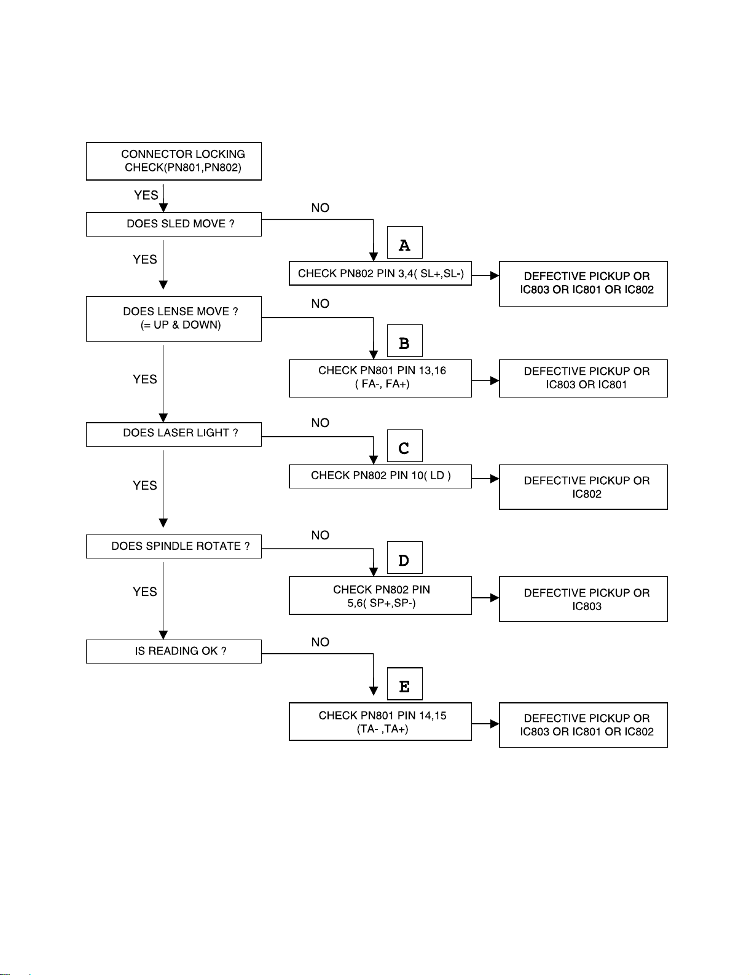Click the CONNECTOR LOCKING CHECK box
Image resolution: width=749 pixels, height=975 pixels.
click(174, 161)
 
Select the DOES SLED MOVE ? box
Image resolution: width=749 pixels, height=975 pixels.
click(174, 224)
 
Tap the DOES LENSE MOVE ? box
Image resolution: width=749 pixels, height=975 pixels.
click(174, 319)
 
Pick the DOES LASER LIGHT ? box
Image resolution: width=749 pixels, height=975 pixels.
click(174, 434)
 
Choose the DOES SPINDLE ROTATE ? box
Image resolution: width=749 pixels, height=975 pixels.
click(174, 546)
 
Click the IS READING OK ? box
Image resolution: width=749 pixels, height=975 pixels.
click(174, 651)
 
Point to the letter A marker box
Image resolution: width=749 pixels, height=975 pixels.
click(404, 242)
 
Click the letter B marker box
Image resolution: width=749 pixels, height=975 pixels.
click(404, 340)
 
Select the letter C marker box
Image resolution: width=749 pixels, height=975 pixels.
click(404, 445)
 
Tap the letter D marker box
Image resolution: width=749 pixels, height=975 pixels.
click(404, 557)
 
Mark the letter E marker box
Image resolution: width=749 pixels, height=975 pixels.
click(404, 683)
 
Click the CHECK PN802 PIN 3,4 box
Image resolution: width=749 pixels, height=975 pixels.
click(380, 273)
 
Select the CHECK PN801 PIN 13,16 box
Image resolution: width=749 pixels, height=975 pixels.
click(380, 378)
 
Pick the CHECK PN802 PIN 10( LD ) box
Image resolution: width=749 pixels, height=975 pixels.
click(380, 476)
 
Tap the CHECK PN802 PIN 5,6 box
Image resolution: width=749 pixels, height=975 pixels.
click(380, 595)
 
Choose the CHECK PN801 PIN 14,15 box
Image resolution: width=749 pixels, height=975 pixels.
click(380, 721)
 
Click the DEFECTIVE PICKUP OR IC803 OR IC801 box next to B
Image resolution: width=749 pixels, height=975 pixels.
click(583, 378)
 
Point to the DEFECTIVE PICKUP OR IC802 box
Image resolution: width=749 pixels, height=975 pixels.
click(583, 487)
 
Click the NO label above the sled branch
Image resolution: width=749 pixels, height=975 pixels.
click(320, 208)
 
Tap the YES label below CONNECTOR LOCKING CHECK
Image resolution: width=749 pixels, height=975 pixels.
click(146, 195)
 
